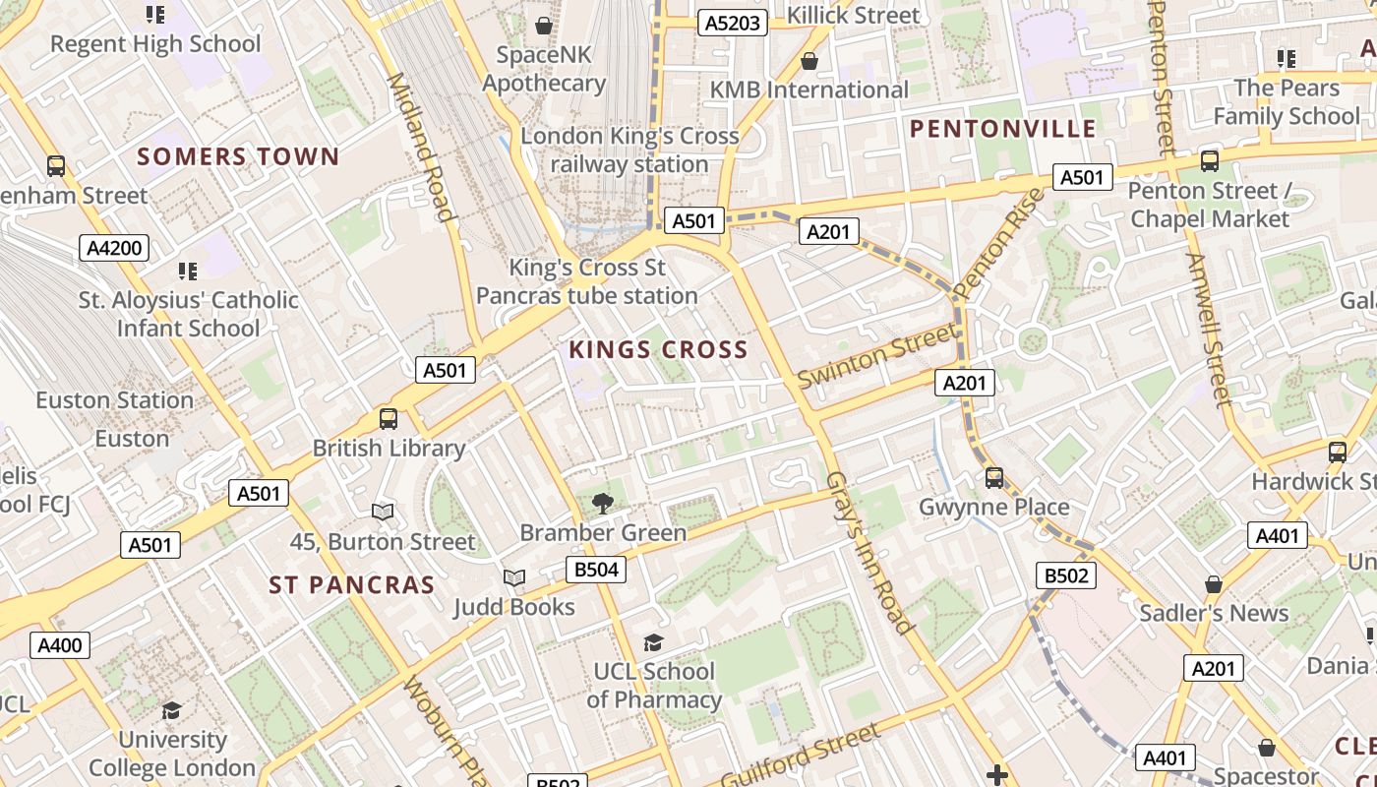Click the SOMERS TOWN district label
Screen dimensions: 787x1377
(x=238, y=156)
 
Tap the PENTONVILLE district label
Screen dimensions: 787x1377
(x=1002, y=129)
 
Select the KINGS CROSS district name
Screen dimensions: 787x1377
(x=658, y=349)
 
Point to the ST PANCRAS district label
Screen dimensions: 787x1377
(x=352, y=584)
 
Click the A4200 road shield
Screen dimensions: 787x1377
(x=114, y=248)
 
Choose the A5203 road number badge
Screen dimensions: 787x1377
(x=732, y=23)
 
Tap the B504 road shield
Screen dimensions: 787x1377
(x=596, y=570)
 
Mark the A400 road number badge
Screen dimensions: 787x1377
(x=60, y=645)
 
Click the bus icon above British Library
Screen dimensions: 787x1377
(x=389, y=419)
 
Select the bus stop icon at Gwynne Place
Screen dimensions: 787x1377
(x=994, y=478)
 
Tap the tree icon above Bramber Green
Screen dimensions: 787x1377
(x=602, y=504)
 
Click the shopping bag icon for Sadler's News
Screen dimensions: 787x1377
(x=1214, y=584)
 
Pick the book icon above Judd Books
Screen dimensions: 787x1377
(x=513, y=578)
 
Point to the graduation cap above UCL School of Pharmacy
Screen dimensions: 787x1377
(x=653, y=643)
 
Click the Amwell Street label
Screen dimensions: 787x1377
(x=1209, y=330)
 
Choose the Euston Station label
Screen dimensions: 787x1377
(x=114, y=400)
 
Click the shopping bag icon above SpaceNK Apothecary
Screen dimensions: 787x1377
(x=543, y=25)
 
